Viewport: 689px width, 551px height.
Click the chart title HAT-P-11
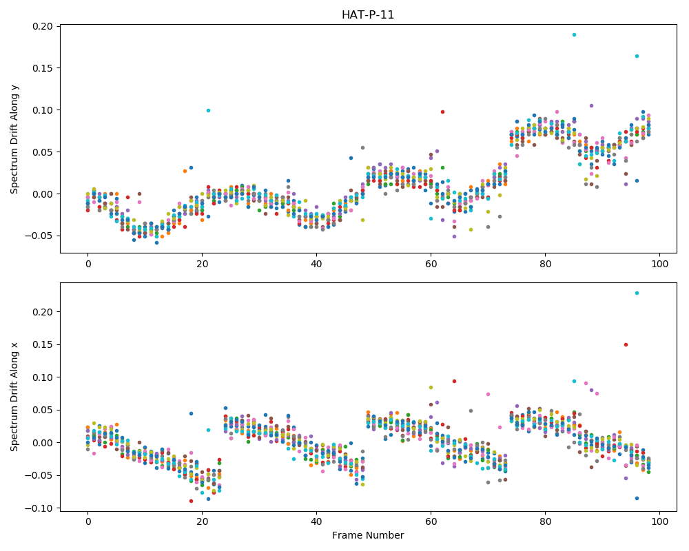[x=368, y=15]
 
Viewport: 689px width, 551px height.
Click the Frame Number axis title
[x=368, y=535]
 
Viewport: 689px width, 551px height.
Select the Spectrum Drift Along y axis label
[x=14, y=138]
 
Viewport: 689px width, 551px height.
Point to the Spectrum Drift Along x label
[x=14, y=397]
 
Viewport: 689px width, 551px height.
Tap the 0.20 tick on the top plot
[x=43, y=26]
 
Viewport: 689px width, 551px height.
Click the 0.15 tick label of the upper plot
[x=43, y=68]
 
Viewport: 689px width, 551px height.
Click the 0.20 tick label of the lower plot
[x=43, y=312]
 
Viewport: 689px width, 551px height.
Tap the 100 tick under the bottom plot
[x=659, y=522]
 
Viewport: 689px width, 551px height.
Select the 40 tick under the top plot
[x=316, y=264]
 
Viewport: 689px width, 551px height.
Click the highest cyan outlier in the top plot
[x=574, y=34]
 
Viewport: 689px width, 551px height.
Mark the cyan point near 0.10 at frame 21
[x=208, y=110]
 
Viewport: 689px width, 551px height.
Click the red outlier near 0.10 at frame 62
[x=442, y=112]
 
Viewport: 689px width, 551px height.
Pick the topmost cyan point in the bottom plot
[x=637, y=293]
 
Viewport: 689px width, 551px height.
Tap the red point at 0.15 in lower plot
[x=626, y=344]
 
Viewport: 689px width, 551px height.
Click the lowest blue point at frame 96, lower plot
[x=637, y=498]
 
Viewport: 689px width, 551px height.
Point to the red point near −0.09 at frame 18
[x=191, y=501]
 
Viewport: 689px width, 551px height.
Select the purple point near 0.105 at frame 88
[x=591, y=105]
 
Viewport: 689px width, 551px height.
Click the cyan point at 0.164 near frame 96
[x=637, y=56]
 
